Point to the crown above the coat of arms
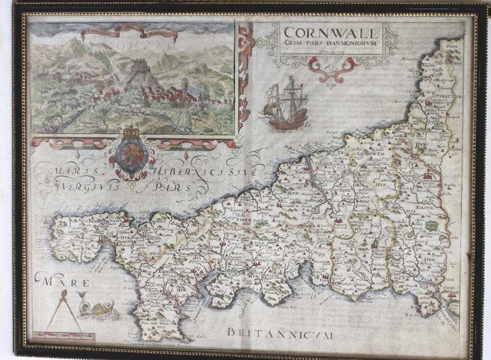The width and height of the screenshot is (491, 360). coord(132,133)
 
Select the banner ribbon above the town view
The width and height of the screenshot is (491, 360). coord(130,35)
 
